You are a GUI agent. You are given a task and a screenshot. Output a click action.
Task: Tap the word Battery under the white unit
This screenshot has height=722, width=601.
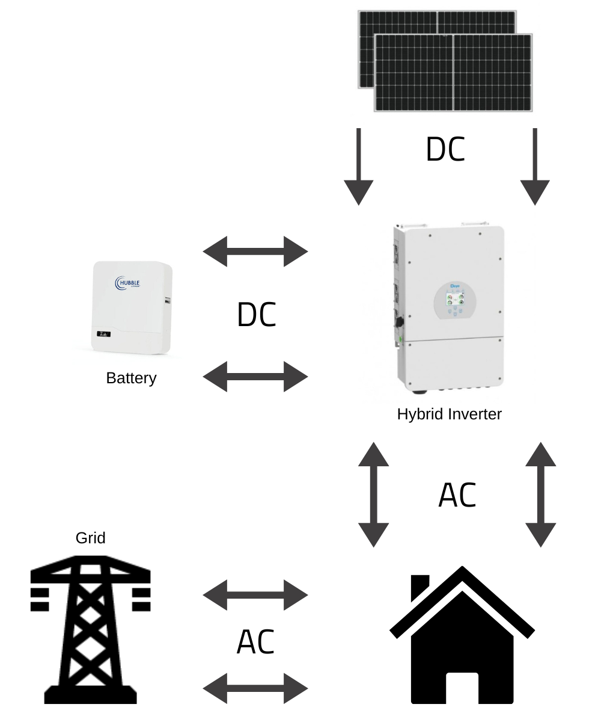pyautogui.click(x=131, y=378)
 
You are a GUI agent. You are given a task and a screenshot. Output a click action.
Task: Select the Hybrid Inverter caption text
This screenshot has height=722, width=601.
pyautogui.click(x=449, y=414)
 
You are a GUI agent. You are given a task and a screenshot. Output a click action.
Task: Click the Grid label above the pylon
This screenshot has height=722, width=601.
pyautogui.click(x=91, y=537)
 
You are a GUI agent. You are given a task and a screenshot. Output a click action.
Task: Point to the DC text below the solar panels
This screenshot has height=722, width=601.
pyautogui.click(x=445, y=149)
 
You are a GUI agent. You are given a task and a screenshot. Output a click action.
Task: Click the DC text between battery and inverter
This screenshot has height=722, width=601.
pyautogui.click(x=257, y=315)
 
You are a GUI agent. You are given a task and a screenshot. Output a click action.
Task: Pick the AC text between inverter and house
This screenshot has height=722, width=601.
pyautogui.click(x=457, y=495)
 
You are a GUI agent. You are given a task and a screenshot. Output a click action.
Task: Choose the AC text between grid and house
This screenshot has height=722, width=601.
pyautogui.click(x=256, y=642)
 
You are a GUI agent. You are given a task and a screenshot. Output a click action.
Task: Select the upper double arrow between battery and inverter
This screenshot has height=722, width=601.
pyautogui.click(x=255, y=251)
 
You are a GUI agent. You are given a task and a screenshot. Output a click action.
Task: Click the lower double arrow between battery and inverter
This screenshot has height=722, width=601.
pyautogui.click(x=255, y=377)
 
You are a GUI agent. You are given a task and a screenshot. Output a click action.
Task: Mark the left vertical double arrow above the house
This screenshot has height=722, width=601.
pyautogui.click(x=374, y=495)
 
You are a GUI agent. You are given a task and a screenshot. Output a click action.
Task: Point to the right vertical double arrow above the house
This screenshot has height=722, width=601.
pyautogui.click(x=541, y=495)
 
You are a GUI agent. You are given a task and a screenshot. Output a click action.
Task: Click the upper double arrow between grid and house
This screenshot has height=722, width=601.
pyautogui.click(x=255, y=595)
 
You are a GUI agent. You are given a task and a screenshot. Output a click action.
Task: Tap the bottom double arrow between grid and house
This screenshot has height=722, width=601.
pyautogui.click(x=255, y=688)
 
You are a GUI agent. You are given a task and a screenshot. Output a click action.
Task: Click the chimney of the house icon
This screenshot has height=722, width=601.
pyautogui.click(x=419, y=587)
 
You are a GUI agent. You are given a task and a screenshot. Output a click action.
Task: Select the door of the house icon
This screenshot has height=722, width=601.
pyautogui.click(x=462, y=688)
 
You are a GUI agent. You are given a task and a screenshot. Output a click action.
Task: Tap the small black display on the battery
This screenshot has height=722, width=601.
pyautogui.click(x=103, y=333)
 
